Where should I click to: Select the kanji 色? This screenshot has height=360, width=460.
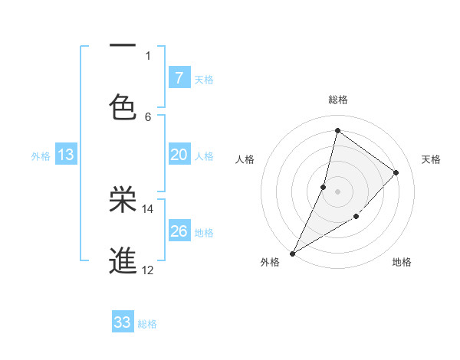point(123,106)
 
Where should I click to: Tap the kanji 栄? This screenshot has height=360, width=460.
point(123,200)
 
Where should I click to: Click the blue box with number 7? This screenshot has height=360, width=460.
point(179,77)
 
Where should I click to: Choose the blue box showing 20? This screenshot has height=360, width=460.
point(179,155)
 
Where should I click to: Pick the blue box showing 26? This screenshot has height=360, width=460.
point(179,231)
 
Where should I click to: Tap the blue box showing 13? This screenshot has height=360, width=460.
point(66,155)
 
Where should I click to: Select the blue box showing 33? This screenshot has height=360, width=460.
point(123,322)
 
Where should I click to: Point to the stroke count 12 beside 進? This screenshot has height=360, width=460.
point(148,270)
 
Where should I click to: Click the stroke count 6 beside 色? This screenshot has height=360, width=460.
point(148,116)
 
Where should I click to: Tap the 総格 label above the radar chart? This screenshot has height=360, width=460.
point(337,100)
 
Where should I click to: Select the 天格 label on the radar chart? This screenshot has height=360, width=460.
point(431,159)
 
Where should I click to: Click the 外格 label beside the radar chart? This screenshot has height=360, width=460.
point(270,262)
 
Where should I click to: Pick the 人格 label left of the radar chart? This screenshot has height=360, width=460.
point(245,159)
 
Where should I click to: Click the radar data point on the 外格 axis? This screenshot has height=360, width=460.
point(293,253)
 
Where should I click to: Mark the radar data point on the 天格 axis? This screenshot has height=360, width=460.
point(396,172)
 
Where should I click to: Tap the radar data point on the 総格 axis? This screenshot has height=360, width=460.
point(337,130)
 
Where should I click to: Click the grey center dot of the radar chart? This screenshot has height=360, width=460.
point(337,191)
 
